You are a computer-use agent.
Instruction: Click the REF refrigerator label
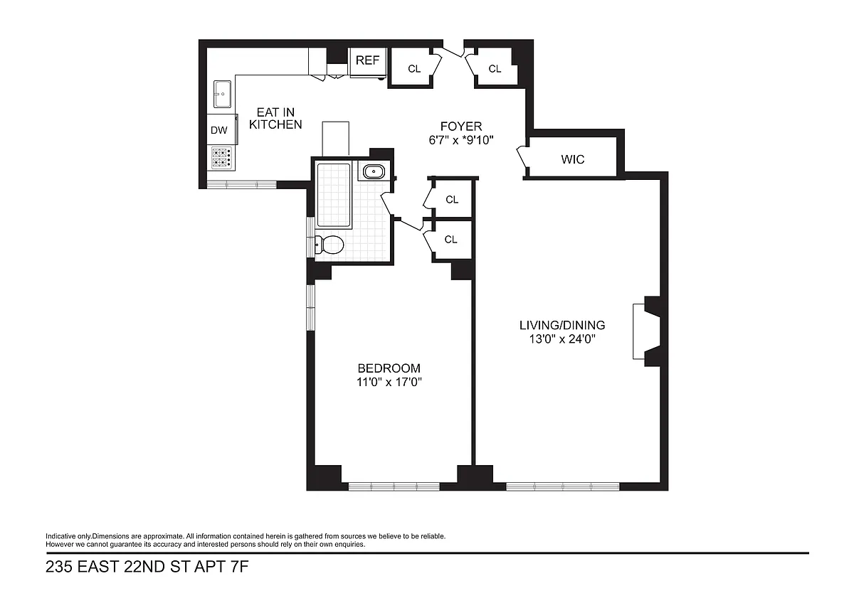(367, 60)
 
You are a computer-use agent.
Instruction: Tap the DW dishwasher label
(219, 130)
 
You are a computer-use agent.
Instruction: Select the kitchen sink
(222, 94)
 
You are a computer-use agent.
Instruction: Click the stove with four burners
(221, 158)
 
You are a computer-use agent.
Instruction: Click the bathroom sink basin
(374, 172)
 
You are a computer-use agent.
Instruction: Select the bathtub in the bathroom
(334, 196)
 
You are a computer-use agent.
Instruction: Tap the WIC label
(573, 159)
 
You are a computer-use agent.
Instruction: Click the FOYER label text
(461, 126)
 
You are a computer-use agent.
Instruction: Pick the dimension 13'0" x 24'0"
(562, 338)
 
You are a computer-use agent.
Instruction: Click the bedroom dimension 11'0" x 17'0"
(389, 382)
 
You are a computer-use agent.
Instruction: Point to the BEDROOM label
(389, 368)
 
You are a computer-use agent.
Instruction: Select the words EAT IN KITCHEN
(275, 119)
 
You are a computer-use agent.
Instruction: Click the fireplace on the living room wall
(647, 331)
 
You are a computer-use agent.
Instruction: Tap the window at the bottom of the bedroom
(394, 486)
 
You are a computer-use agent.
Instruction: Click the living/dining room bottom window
(563, 486)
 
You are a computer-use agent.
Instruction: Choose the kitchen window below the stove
(242, 185)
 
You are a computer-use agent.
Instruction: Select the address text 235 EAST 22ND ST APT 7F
(147, 567)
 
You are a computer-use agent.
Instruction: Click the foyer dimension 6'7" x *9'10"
(461, 140)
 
